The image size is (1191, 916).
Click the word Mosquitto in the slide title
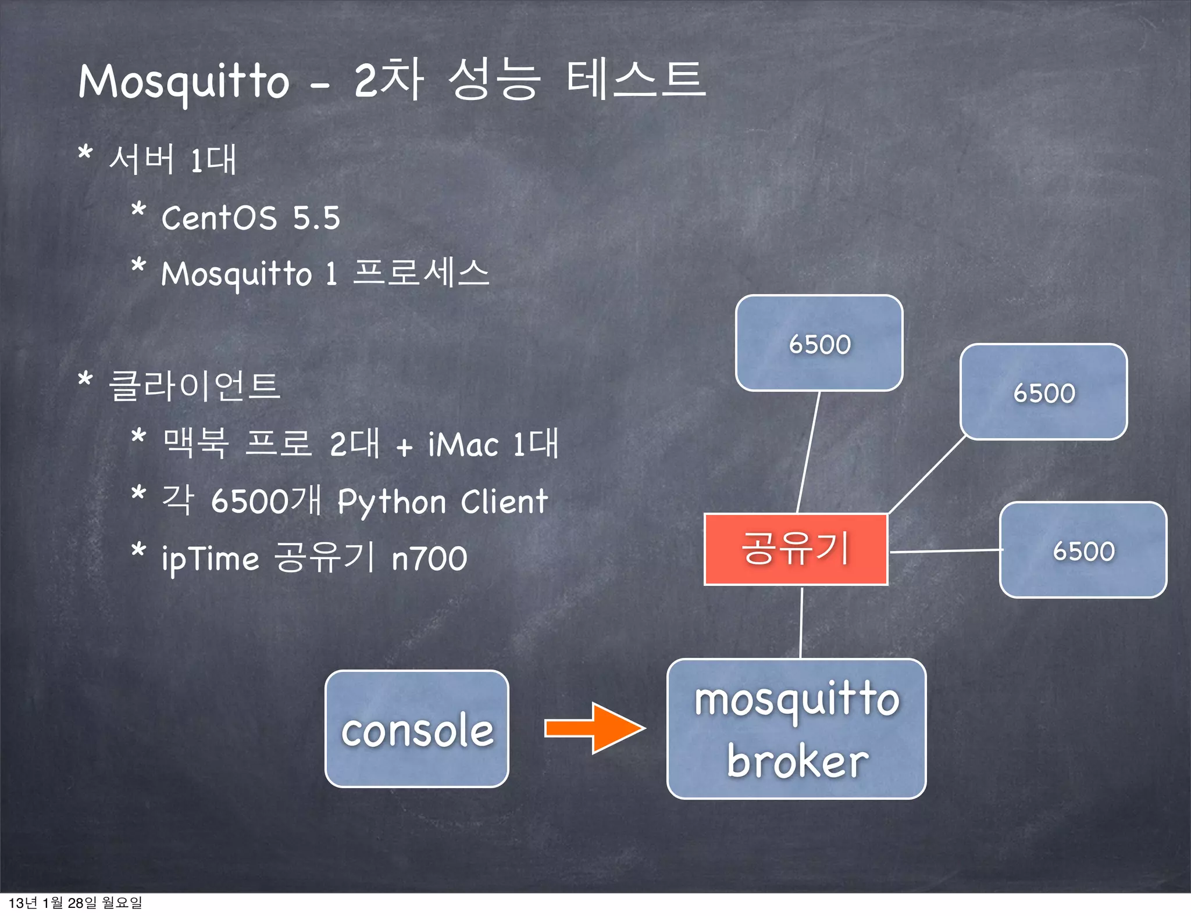click(184, 81)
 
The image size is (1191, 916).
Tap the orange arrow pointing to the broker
click(594, 728)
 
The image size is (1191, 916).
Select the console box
click(416, 729)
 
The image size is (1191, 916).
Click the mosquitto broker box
click(796, 729)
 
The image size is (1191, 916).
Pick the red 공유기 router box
click(796, 549)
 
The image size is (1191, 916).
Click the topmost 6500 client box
click(819, 343)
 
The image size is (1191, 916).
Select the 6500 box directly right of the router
click(1083, 550)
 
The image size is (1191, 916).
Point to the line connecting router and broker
click(801, 622)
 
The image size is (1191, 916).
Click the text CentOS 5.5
click(250, 218)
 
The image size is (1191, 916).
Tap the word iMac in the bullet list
click(463, 445)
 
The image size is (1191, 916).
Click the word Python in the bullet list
click(391, 502)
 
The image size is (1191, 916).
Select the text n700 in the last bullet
click(429, 559)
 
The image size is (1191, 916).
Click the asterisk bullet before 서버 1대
click(85, 153)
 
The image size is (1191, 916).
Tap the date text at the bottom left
click(75, 903)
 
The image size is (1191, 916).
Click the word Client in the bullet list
click(504, 501)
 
